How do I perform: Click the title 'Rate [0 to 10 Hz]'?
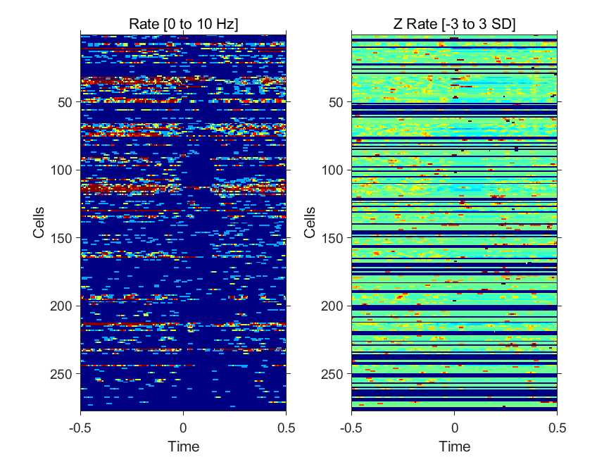click(x=184, y=24)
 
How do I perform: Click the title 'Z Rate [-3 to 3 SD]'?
click(x=455, y=24)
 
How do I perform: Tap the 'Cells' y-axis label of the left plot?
click(x=39, y=223)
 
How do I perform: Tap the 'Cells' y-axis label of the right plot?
click(x=310, y=223)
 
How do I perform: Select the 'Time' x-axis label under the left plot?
click(x=184, y=447)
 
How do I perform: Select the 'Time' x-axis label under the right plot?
click(x=455, y=447)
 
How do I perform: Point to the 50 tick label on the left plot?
click(x=65, y=103)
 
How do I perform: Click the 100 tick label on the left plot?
click(x=61, y=170)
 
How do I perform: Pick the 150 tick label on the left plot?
click(x=61, y=239)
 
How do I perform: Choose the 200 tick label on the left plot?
click(x=61, y=306)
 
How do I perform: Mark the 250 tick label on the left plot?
click(x=61, y=374)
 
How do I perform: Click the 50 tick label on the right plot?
click(x=336, y=103)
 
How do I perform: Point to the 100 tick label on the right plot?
click(x=332, y=170)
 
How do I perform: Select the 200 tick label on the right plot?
click(x=332, y=306)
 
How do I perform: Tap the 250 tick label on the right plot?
click(x=332, y=374)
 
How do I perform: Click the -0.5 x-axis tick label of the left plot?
click(x=80, y=427)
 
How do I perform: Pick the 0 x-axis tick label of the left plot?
click(x=184, y=427)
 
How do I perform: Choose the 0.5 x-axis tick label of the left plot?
click(x=287, y=427)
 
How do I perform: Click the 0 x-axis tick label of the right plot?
click(x=455, y=427)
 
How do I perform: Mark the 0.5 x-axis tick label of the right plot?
click(x=558, y=427)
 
